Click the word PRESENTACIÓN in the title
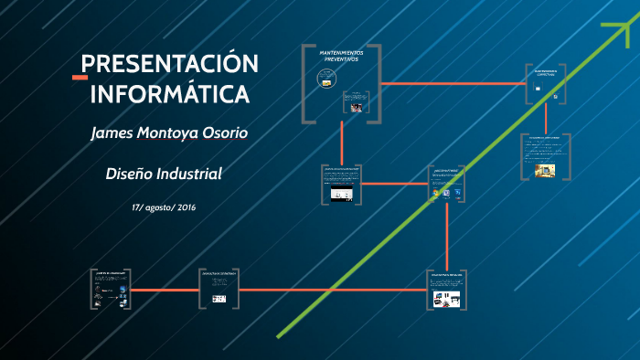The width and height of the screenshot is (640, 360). coord(170,65)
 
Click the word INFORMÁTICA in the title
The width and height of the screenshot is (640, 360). coord(169,93)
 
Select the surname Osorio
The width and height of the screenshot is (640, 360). coord(223,133)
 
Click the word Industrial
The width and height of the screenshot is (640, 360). coord(190,174)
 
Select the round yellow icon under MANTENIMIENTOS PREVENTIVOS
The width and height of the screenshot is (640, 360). coord(325,80)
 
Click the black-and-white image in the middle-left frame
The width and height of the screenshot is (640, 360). coord(341,195)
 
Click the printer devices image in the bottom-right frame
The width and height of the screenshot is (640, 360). coord(447,298)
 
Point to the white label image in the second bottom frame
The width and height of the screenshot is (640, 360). coord(219,299)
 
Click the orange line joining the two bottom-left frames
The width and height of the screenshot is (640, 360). coord(164,290)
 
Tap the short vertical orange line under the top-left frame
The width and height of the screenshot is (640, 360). coord(342,142)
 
